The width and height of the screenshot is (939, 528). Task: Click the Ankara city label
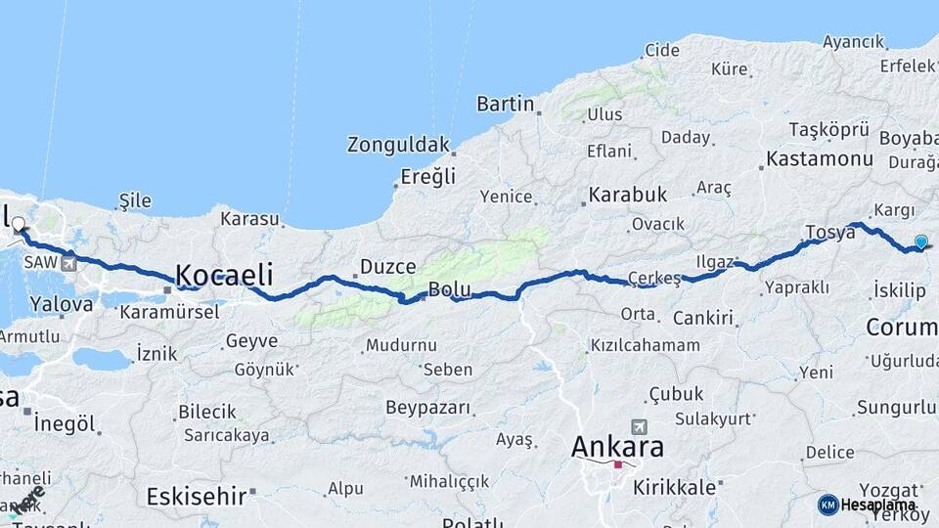click(617, 448)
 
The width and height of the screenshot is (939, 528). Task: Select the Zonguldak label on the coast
click(398, 145)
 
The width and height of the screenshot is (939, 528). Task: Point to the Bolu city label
click(450, 290)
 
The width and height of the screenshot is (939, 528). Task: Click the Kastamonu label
click(820, 158)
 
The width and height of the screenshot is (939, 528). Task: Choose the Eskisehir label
click(195, 496)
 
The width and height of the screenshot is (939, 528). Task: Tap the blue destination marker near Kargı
click(920, 242)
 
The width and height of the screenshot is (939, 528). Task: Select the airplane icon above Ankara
click(639, 426)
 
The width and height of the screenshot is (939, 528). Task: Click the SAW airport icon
click(68, 263)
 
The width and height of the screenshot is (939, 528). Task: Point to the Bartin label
click(505, 104)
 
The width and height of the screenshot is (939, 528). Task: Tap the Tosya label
click(829, 232)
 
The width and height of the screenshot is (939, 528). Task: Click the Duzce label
click(388, 266)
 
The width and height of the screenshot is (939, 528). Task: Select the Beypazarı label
click(429, 407)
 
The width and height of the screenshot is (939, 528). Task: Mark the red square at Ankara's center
click(617, 465)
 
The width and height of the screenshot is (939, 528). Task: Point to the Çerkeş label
click(654, 279)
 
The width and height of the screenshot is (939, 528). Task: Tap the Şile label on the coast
click(135, 200)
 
